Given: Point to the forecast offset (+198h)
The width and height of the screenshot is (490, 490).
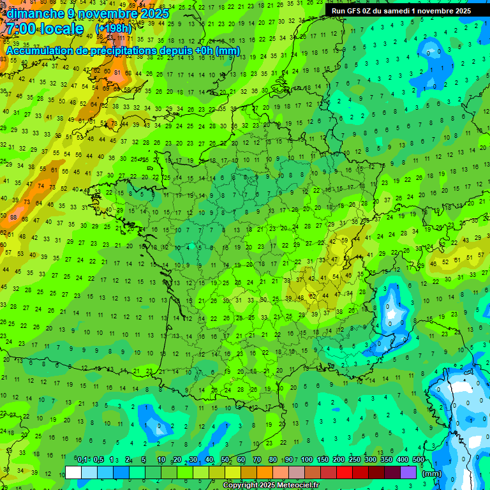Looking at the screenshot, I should point(114,29).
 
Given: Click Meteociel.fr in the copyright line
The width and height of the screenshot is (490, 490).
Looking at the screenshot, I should point(299,486).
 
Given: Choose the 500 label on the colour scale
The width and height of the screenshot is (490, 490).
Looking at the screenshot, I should point(419,460).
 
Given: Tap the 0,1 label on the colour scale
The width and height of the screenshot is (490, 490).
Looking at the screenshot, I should point(82,460).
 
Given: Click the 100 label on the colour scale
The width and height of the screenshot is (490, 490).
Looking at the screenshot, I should point(307,460).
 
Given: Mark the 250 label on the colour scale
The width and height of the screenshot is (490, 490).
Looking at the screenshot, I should point(355,460).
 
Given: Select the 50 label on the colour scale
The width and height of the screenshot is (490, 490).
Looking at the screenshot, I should point(225,460).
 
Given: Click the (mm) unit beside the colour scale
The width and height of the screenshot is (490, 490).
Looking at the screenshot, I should point(432,473).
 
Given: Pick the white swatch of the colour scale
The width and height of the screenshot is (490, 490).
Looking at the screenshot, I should point(73,472).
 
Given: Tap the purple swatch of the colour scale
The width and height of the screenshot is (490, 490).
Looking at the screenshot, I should point(408,472).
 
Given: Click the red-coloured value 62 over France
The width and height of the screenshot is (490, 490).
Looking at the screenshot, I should point(313,296).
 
